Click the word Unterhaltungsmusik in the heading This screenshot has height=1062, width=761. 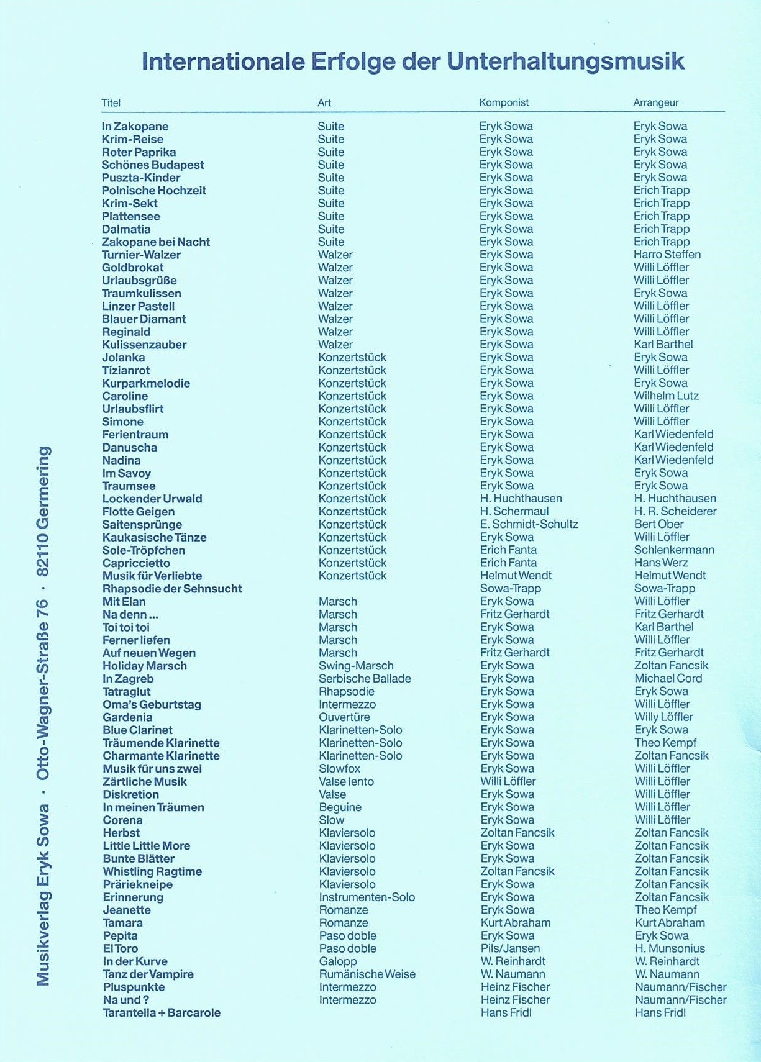(565, 62)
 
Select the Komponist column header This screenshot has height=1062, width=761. (504, 102)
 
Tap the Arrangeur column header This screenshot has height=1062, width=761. (655, 102)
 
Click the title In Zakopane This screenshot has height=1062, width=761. (135, 127)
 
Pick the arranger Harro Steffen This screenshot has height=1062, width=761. (667, 255)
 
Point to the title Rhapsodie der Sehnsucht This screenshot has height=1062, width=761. (172, 589)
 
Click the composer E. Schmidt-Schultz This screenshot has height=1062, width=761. (529, 524)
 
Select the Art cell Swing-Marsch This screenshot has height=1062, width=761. (356, 666)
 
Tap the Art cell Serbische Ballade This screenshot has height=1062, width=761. (365, 679)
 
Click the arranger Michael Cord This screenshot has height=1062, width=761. (668, 679)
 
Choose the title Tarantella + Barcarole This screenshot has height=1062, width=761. (162, 1013)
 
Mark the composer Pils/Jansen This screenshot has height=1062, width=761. (510, 948)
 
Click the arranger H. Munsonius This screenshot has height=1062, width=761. (670, 948)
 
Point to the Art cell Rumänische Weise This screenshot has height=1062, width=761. (367, 974)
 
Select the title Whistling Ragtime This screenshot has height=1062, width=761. (152, 872)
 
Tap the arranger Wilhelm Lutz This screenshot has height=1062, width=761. (666, 396)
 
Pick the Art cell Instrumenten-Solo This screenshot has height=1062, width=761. (367, 897)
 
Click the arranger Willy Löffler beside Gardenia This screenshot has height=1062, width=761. (663, 717)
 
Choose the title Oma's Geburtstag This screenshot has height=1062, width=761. (152, 705)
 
